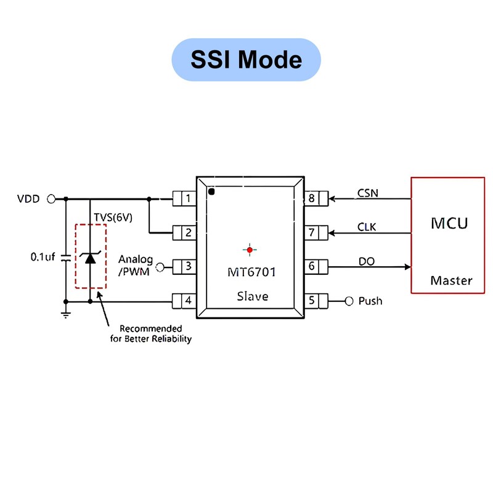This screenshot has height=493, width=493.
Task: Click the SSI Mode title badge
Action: pyautogui.click(x=246, y=60)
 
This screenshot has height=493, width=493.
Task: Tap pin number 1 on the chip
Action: pyautogui.click(x=189, y=198)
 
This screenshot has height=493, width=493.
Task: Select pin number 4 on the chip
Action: pyautogui.click(x=189, y=301)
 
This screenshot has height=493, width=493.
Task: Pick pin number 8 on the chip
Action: pyautogui.click(x=311, y=198)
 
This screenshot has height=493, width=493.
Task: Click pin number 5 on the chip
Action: pyautogui.click(x=311, y=300)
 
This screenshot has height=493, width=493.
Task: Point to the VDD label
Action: pyautogui.click(x=28, y=199)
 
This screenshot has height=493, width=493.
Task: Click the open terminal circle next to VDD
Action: pyautogui.click(x=51, y=199)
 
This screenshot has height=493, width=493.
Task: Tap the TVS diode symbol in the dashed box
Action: pyautogui.click(x=91, y=258)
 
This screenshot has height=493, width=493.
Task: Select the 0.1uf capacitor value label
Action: pyautogui.click(x=43, y=257)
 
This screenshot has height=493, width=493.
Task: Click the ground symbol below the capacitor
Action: pyautogui.click(x=66, y=315)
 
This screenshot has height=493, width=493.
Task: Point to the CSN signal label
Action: pyautogui.click(x=367, y=193)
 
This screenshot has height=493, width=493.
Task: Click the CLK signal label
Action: pyautogui.click(x=367, y=227)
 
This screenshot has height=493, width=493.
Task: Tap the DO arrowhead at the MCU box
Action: pyautogui.click(x=407, y=267)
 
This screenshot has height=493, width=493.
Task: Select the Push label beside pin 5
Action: pyautogui.click(x=370, y=301)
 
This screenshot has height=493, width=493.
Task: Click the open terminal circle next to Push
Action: pyautogui.click(x=349, y=301)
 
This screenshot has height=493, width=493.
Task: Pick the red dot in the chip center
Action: pyautogui.click(x=250, y=250)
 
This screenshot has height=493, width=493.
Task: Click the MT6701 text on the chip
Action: pyautogui.click(x=251, y=272)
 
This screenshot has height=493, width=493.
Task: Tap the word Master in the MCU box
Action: pyautogui.click(x=451, y=280)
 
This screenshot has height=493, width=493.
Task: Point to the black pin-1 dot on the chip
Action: pyautogui.click(x=211, y=192)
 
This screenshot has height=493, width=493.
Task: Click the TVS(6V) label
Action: pyautogui.click(x=113, y=218)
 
